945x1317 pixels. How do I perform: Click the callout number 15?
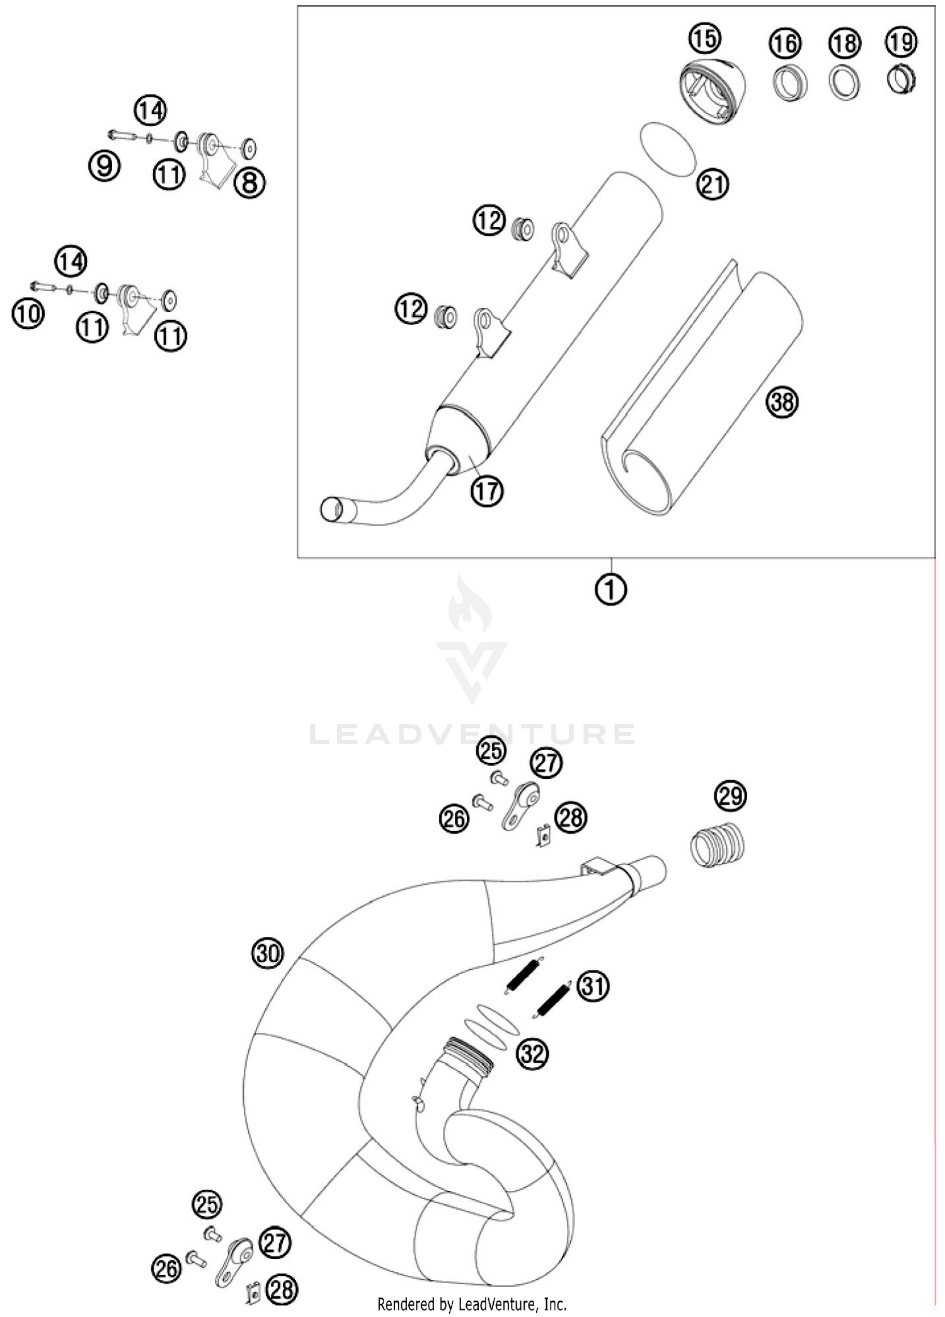704,38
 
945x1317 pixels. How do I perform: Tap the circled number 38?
782,401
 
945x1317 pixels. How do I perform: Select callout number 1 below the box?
610,590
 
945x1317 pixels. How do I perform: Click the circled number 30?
268,953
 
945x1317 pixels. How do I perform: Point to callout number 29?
730,797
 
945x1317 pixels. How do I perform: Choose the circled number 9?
104,166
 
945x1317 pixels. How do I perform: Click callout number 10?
28,313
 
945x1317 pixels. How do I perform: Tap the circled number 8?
249,183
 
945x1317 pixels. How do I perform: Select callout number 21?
713,185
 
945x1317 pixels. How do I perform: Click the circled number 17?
487,490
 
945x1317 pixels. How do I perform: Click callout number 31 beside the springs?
593,986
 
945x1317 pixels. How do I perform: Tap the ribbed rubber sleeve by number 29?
718,845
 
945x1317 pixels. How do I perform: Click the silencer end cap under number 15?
712,91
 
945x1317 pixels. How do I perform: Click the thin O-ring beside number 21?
668,149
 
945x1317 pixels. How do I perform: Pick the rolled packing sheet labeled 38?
699,391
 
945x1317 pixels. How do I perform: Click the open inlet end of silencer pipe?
332,509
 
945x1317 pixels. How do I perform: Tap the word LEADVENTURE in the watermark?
472,734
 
